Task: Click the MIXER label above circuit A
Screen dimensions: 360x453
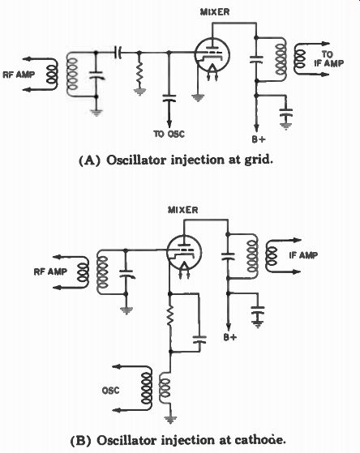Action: pos(215,12)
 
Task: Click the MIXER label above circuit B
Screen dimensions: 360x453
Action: pos(183,210)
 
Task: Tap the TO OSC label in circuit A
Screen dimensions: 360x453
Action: pos(169,134)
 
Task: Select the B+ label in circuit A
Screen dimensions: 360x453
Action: pos(258,139)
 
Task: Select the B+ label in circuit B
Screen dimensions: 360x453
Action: pos(230,337)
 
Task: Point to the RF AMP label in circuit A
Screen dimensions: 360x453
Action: pos(19,75)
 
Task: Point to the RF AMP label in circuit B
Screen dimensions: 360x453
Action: pos(50,271)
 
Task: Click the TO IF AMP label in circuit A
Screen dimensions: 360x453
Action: pos(329,58)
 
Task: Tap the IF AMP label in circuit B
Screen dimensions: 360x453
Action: pos(303,255)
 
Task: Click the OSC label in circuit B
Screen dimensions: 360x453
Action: pos(110,391)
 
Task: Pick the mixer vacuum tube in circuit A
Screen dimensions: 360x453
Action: pos(212,55)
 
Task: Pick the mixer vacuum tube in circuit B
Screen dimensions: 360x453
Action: pos(184,252)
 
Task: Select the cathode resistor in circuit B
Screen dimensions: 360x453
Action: pos(170,315)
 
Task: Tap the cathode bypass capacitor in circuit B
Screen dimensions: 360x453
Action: pos(199,339)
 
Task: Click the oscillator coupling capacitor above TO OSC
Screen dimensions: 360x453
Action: pos(169,97)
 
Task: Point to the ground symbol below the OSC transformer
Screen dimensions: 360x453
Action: pos(170,420)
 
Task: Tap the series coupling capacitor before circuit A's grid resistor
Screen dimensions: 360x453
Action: pos(118,53)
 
